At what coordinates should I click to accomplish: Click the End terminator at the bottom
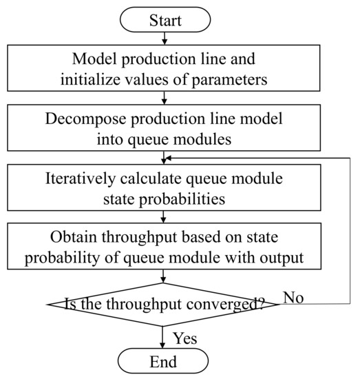pos(162,361)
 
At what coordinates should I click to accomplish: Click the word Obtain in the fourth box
pos(73,238)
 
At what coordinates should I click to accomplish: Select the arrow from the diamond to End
pos(162,336)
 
